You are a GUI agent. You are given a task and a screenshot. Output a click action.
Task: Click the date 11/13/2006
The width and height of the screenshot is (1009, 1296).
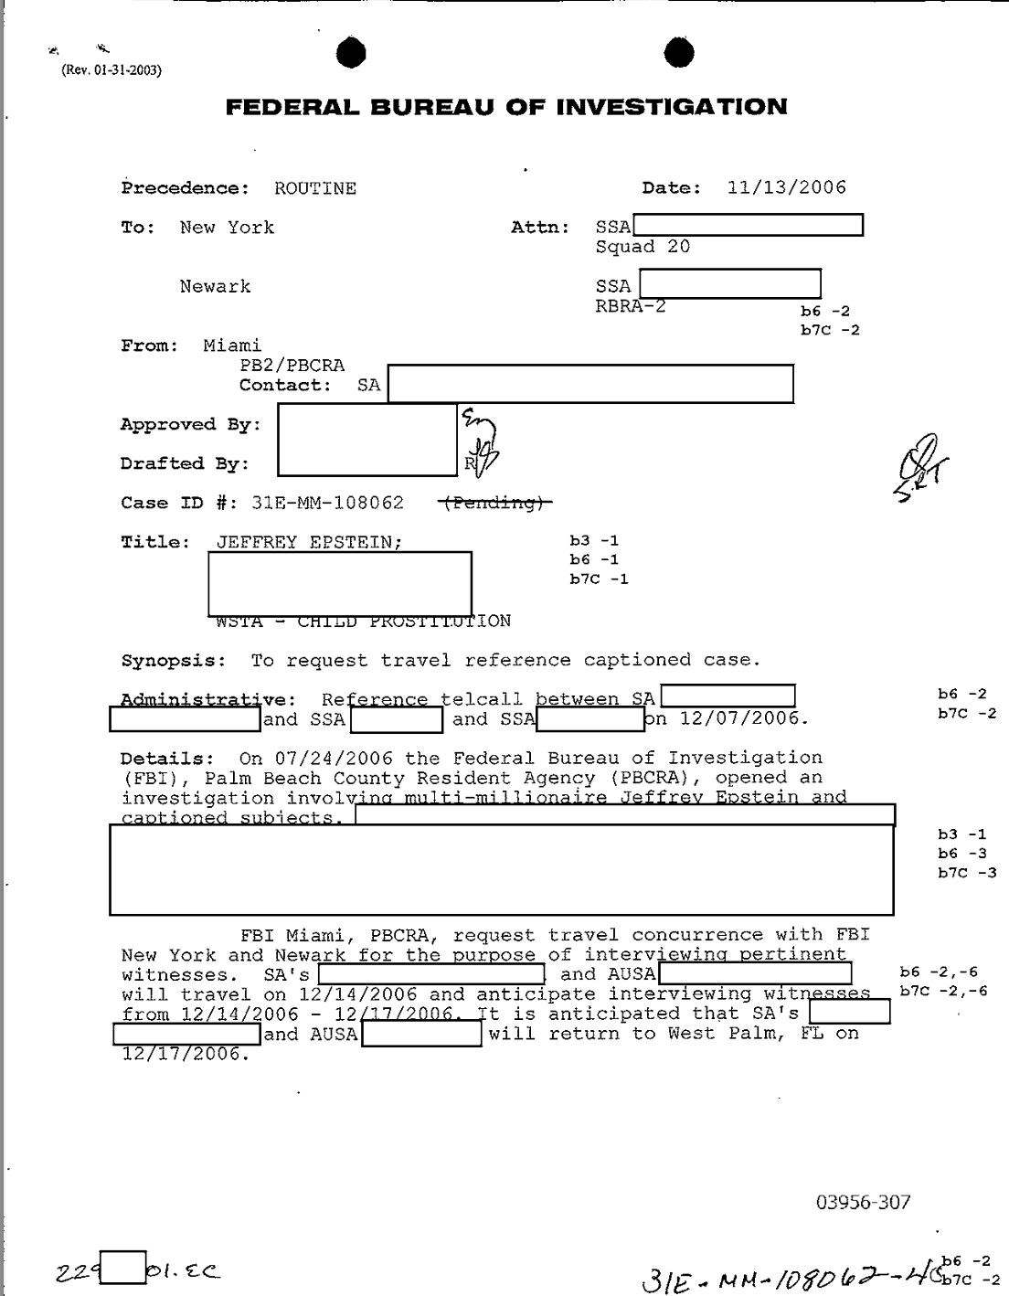786,188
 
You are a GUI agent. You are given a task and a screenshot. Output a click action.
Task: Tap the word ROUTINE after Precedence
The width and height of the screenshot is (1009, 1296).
315,189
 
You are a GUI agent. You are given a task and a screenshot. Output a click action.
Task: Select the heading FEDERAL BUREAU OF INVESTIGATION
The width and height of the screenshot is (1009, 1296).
506,108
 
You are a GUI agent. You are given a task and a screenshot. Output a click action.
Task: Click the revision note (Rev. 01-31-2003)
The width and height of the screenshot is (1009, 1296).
112,70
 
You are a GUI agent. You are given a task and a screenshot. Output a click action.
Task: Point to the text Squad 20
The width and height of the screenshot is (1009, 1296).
643,247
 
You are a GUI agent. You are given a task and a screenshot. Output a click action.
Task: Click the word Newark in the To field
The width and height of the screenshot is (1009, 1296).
215,287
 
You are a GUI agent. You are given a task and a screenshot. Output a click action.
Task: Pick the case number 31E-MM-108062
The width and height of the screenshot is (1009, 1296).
327,503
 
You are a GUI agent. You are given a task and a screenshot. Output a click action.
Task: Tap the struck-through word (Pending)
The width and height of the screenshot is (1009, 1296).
494,503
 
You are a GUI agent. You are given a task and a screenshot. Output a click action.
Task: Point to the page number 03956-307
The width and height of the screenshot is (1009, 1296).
864,1202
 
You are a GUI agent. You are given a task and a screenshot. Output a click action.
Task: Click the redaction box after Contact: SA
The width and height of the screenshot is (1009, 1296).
590,384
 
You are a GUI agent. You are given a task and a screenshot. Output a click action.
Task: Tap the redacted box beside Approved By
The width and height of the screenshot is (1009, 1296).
366,439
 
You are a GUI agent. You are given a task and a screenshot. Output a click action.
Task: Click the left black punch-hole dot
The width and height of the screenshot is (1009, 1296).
351,54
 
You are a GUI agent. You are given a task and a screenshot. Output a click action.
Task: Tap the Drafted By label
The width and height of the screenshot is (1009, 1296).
185,463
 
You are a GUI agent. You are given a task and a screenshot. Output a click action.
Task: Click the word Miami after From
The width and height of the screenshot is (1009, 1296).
232,345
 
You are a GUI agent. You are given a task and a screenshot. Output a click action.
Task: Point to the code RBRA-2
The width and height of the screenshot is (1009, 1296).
631,306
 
